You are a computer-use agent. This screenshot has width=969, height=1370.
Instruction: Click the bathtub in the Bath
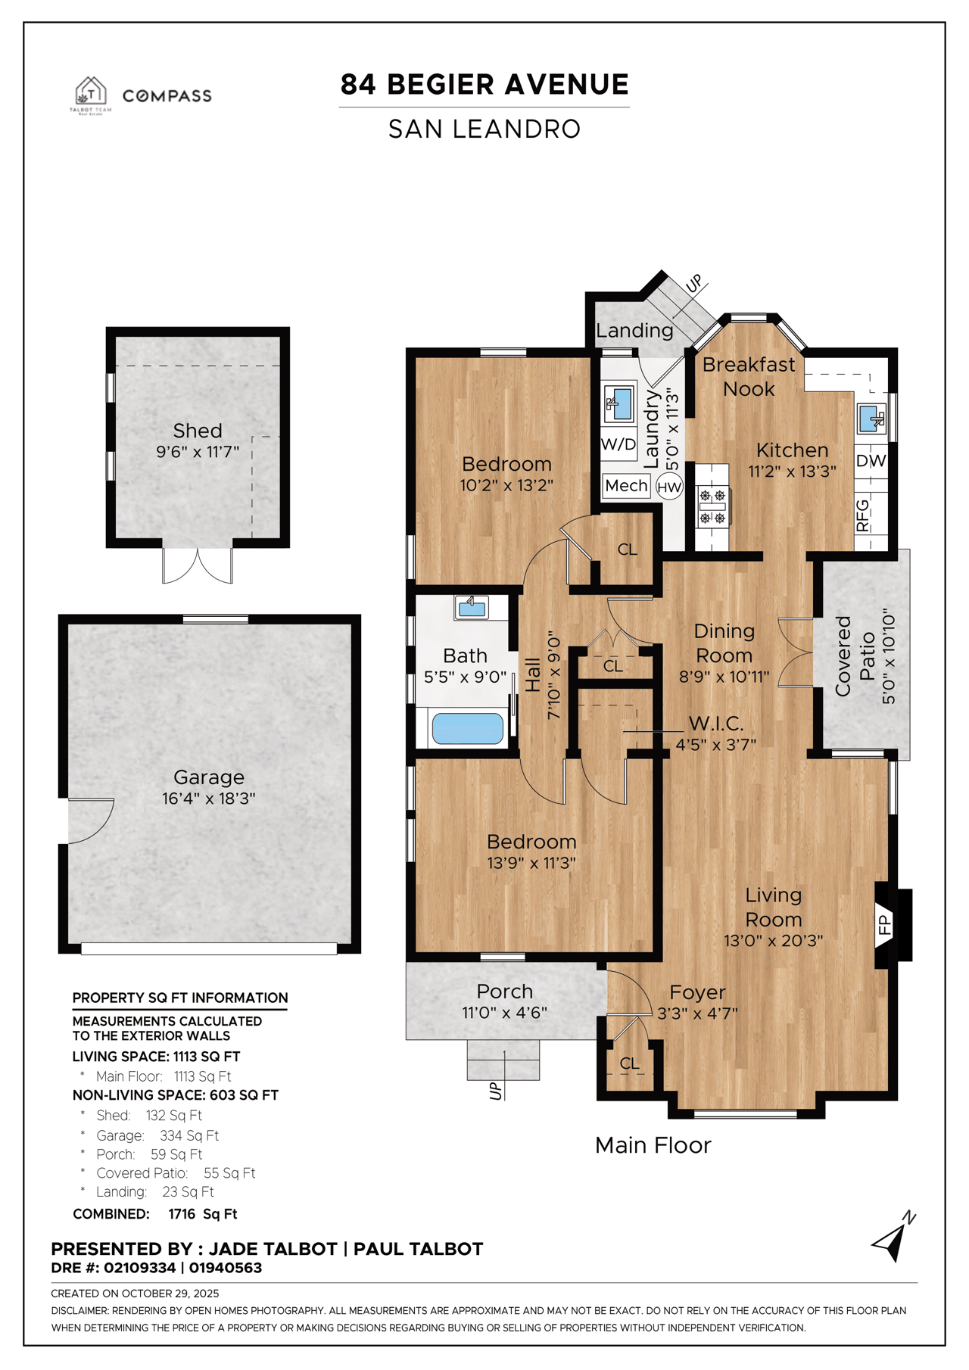pos(467,729)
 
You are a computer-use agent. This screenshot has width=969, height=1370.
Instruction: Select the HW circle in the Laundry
pos(669,487)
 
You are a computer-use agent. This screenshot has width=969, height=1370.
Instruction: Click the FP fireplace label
pos(883,924)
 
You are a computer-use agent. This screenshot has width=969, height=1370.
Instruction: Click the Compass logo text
pos(167,96)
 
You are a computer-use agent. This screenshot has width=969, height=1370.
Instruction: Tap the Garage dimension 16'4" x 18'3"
pos(209,799)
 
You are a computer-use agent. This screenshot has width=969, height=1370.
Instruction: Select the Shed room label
pos(198,431)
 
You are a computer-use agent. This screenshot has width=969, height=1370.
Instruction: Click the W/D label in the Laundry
pos(618,444)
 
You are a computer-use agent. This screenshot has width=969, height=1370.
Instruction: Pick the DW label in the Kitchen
pos(871,461)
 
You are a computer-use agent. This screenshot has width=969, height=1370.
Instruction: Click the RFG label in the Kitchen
pos(862,515)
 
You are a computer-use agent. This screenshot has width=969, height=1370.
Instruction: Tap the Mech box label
pos(626,486)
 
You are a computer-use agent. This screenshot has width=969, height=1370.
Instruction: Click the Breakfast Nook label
pos(749,376)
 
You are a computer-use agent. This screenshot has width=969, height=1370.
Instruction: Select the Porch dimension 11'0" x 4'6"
pos(504,1013)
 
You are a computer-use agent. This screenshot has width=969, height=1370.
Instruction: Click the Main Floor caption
pos(653,1145)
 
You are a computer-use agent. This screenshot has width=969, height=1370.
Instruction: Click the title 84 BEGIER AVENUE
pos(484,84)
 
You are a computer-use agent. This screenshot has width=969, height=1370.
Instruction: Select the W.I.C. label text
pos(715,724)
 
